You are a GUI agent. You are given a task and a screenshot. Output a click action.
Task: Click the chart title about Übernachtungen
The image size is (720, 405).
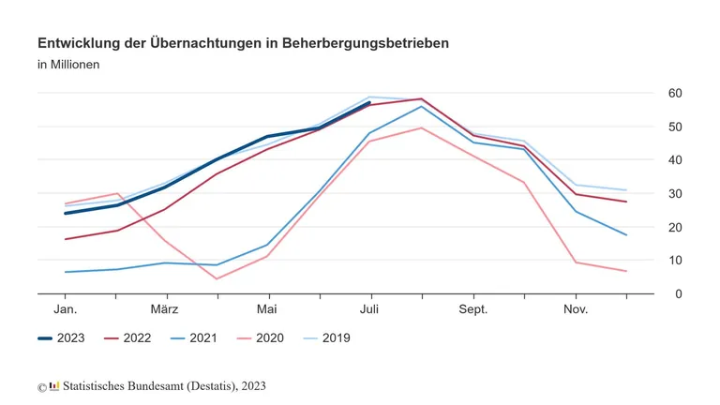point(243,43)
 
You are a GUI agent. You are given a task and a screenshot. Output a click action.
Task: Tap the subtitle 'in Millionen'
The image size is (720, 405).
point(68,65)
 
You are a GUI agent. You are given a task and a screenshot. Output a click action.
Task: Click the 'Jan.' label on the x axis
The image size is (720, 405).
point(66,308)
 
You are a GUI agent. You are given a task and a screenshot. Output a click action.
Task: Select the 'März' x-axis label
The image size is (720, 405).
point(166,308)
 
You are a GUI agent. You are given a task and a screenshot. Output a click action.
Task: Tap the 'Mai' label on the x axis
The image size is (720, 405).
point(268,308)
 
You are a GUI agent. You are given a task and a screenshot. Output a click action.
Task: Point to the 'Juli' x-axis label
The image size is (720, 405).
point(369,308)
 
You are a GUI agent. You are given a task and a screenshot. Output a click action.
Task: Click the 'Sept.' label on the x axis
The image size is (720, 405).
point(472,308)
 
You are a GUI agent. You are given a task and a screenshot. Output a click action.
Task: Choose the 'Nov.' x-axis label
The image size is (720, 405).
point(575,308)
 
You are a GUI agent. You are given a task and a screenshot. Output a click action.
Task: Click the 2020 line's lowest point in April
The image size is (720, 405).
point(217,278)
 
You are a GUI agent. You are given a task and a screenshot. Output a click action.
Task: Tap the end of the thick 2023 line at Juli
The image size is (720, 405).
point(369,103)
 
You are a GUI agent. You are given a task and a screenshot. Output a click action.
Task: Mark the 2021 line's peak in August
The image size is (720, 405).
point(421,107)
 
